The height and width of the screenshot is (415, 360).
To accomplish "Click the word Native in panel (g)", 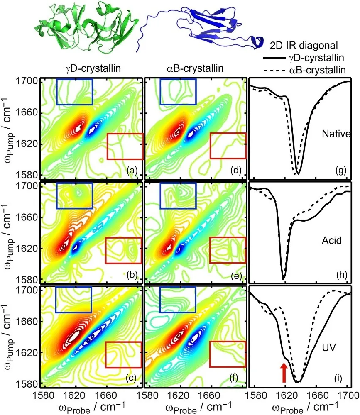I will tap(336, 134).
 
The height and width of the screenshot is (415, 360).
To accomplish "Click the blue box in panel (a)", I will tap(75, 92).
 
